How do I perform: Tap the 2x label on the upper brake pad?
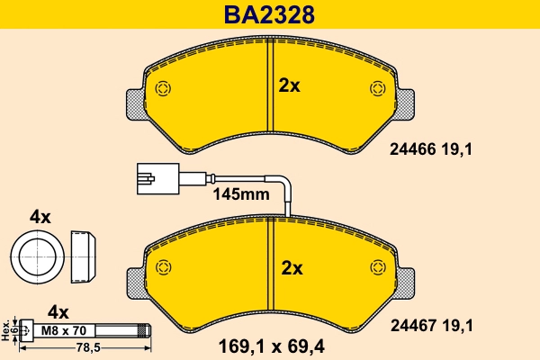289,85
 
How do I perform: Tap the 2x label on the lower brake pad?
292,267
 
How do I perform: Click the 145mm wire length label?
241,193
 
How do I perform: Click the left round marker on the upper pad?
163,88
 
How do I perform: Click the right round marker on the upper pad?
378,88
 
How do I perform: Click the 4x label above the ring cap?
40,216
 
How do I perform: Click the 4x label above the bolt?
58,311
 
